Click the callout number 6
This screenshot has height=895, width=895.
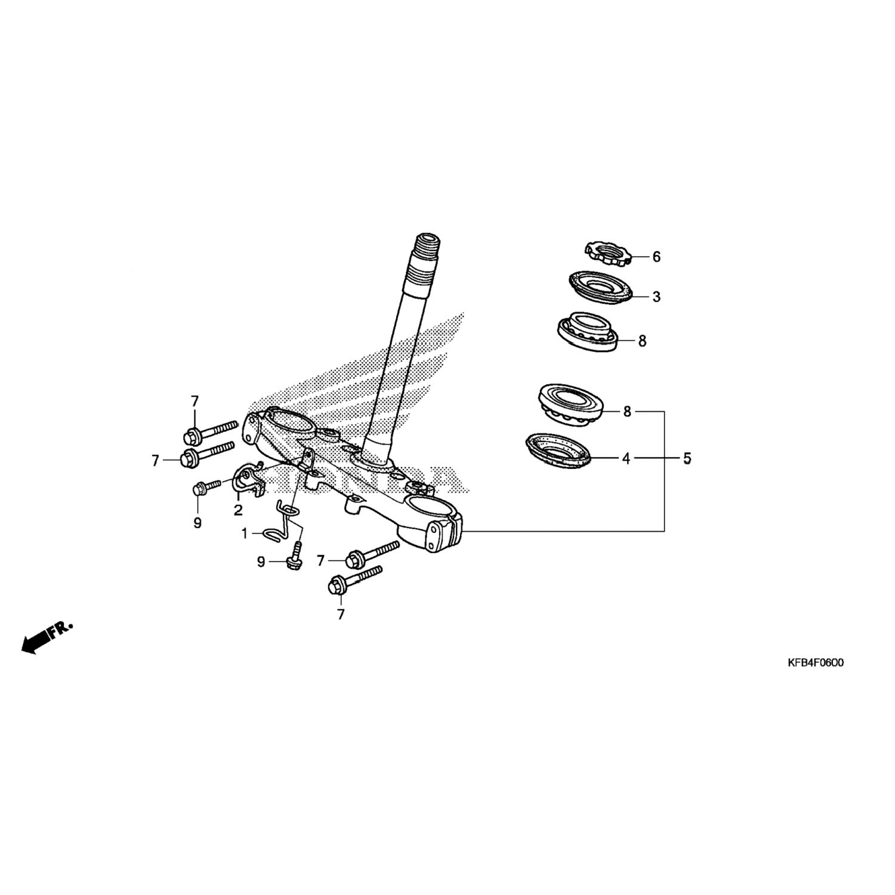(656, 257)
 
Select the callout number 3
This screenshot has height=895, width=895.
(656, 297)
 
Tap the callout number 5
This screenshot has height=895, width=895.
(687, 459)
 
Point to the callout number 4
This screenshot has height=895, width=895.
(626, 459)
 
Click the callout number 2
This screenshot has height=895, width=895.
(238, 510)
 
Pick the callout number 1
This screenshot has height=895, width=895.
(244, 533)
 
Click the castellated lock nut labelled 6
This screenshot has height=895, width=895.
(606, 253)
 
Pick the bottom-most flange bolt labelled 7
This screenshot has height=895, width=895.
(354, 580)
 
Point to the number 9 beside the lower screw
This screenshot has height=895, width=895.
(261, 562)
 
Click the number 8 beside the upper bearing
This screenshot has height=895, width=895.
(642, 341)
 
